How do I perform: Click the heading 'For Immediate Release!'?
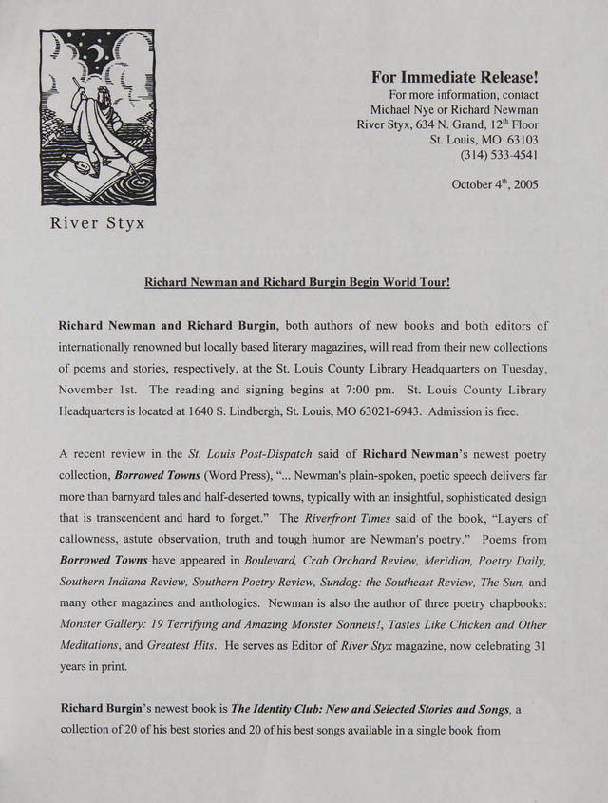(455, 77)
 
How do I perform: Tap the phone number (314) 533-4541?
(499, 154)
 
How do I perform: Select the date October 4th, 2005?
(494, 184)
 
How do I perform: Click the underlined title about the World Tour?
(295, 282)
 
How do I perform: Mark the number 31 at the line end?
(540, 645)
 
